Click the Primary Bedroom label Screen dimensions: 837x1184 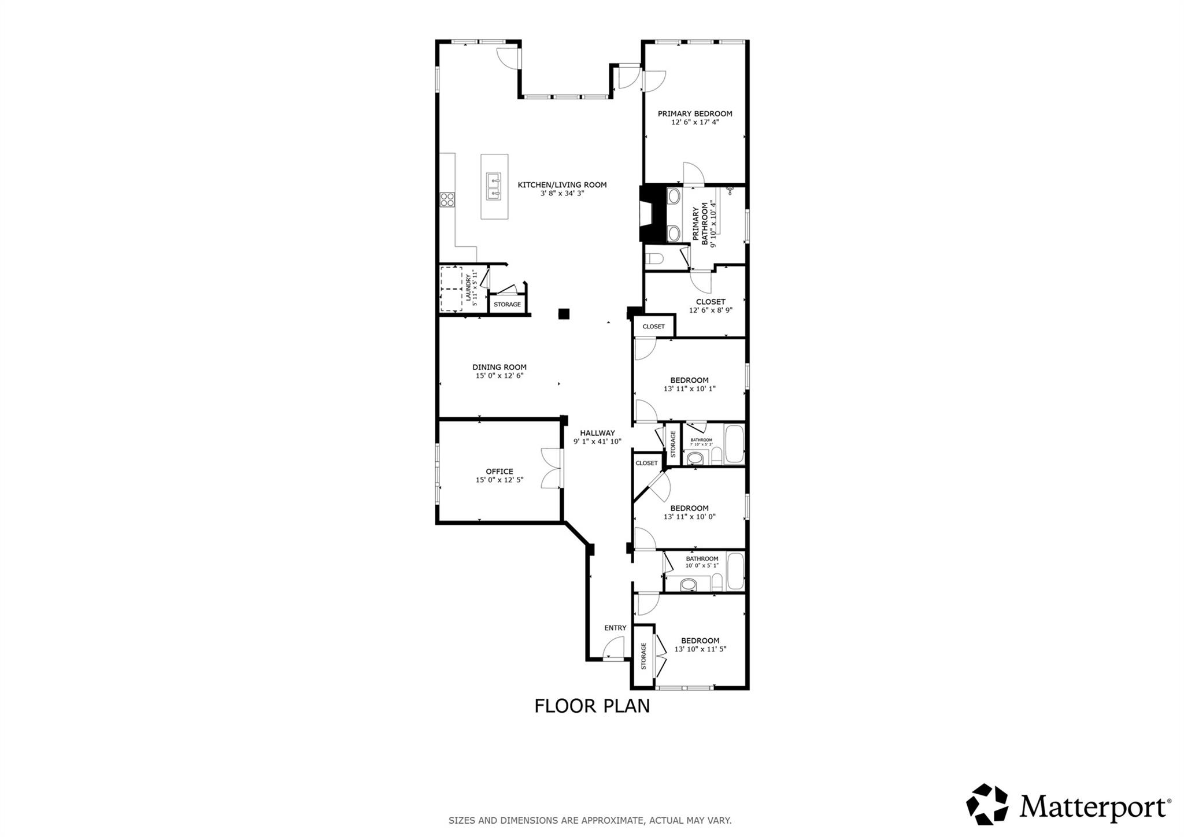694,114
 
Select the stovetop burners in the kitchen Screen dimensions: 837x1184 447,199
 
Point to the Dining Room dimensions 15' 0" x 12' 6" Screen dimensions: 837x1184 499,376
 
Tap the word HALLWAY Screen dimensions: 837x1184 597,433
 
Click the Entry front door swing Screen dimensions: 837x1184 615,647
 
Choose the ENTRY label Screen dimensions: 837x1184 615,628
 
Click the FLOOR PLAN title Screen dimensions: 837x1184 591,706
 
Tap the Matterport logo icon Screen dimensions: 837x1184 986,803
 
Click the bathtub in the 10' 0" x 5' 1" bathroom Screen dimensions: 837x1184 735,571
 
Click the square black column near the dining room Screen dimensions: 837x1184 564,314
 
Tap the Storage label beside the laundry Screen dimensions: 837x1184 507,305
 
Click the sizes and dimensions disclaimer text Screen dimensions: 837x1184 590,820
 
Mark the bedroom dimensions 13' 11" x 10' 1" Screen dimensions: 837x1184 689,389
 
